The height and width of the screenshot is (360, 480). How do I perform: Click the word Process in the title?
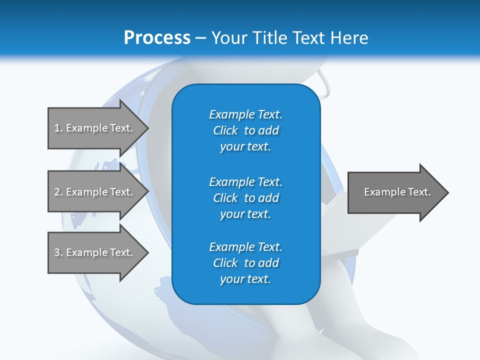click(x=157, y=38)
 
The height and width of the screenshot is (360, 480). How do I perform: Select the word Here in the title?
click(x=348, y=38)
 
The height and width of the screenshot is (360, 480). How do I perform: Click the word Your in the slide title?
click(x=229, y=38)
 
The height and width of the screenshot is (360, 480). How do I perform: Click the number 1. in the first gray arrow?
click(x=58, y=128)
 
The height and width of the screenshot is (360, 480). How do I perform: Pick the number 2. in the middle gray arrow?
click(x=58, y=192)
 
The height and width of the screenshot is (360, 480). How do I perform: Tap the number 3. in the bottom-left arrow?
click(x=58, y=252)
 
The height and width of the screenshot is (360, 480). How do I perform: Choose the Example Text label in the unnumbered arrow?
click(x=397, y=192)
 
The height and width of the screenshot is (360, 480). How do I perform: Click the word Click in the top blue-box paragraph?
click(x=225, y=130)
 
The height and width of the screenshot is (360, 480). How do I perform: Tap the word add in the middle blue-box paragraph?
click(x=269, y=198)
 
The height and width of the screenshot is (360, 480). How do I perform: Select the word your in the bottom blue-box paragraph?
click(x=231, y=279)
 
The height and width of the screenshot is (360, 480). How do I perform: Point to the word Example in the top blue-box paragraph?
click(x=232, y=114)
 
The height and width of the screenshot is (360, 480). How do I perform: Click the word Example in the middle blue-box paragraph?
click(x=232, y=182)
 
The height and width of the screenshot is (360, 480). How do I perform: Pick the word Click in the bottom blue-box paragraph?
click(x=225, y=263)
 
